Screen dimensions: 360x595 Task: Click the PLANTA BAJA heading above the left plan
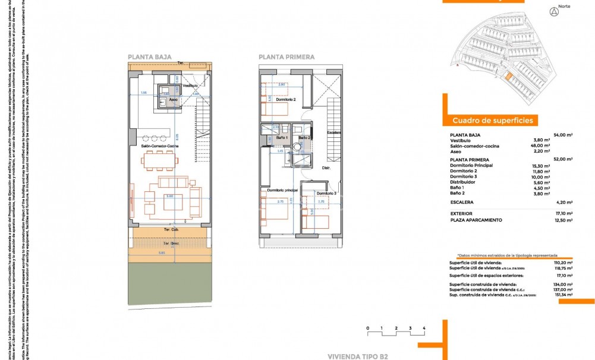pos(150,57)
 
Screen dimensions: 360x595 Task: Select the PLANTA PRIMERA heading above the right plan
pos(287,57)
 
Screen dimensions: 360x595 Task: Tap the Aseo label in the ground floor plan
pos(174,100)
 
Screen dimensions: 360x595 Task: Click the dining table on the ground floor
pos(158,159)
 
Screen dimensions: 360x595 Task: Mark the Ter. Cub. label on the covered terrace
pos(171,229)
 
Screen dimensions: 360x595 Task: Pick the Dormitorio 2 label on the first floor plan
pos(286,99)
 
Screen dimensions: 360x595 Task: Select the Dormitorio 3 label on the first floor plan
pos(326,194)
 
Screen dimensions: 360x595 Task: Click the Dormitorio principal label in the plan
pos(282,190)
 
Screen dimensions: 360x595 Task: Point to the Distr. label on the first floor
pos(326,168)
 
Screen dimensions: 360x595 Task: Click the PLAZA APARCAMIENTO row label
pos(476,220)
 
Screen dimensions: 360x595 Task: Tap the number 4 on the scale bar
pos(424,328)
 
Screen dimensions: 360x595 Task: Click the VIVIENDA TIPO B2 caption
pos(358,356)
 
